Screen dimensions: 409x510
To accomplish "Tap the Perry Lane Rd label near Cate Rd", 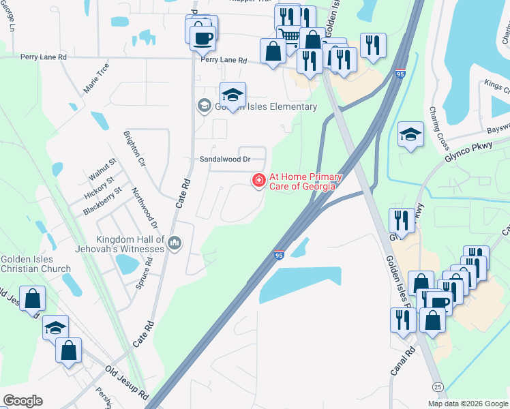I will click(224, 60).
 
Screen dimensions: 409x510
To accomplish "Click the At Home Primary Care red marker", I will click(258, 181).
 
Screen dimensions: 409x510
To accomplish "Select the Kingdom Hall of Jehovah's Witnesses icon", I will click(175, 243).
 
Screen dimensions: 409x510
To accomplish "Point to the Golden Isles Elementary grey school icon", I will click(203, 106).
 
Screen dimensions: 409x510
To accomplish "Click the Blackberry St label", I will click(102, 202).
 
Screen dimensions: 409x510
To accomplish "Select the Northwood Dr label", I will click(145, 209).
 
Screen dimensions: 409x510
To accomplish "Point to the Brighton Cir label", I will click(134, 149).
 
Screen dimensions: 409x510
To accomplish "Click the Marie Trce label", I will click(96, 78).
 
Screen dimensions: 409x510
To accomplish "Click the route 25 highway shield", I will click(437, 387).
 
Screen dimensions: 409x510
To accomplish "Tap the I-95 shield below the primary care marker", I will click(279, 255).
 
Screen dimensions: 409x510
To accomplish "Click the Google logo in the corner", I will click(22, 401).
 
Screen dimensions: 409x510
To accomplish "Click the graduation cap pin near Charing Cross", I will click(411, 134).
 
